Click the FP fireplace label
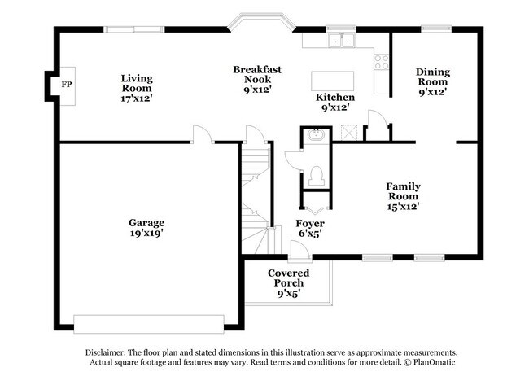(67, 85)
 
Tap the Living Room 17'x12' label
(137, 89)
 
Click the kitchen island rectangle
(332, 81)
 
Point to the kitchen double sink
(342, 40)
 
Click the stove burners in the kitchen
(381, 62)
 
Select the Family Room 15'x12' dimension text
(403, 206)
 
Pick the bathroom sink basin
(317, 136)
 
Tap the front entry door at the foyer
(300, 251)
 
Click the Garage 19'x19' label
(146, 228)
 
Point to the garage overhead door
(149, 324)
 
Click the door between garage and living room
(203, 134)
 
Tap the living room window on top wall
(134, 29)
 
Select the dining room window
(436, 29)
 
